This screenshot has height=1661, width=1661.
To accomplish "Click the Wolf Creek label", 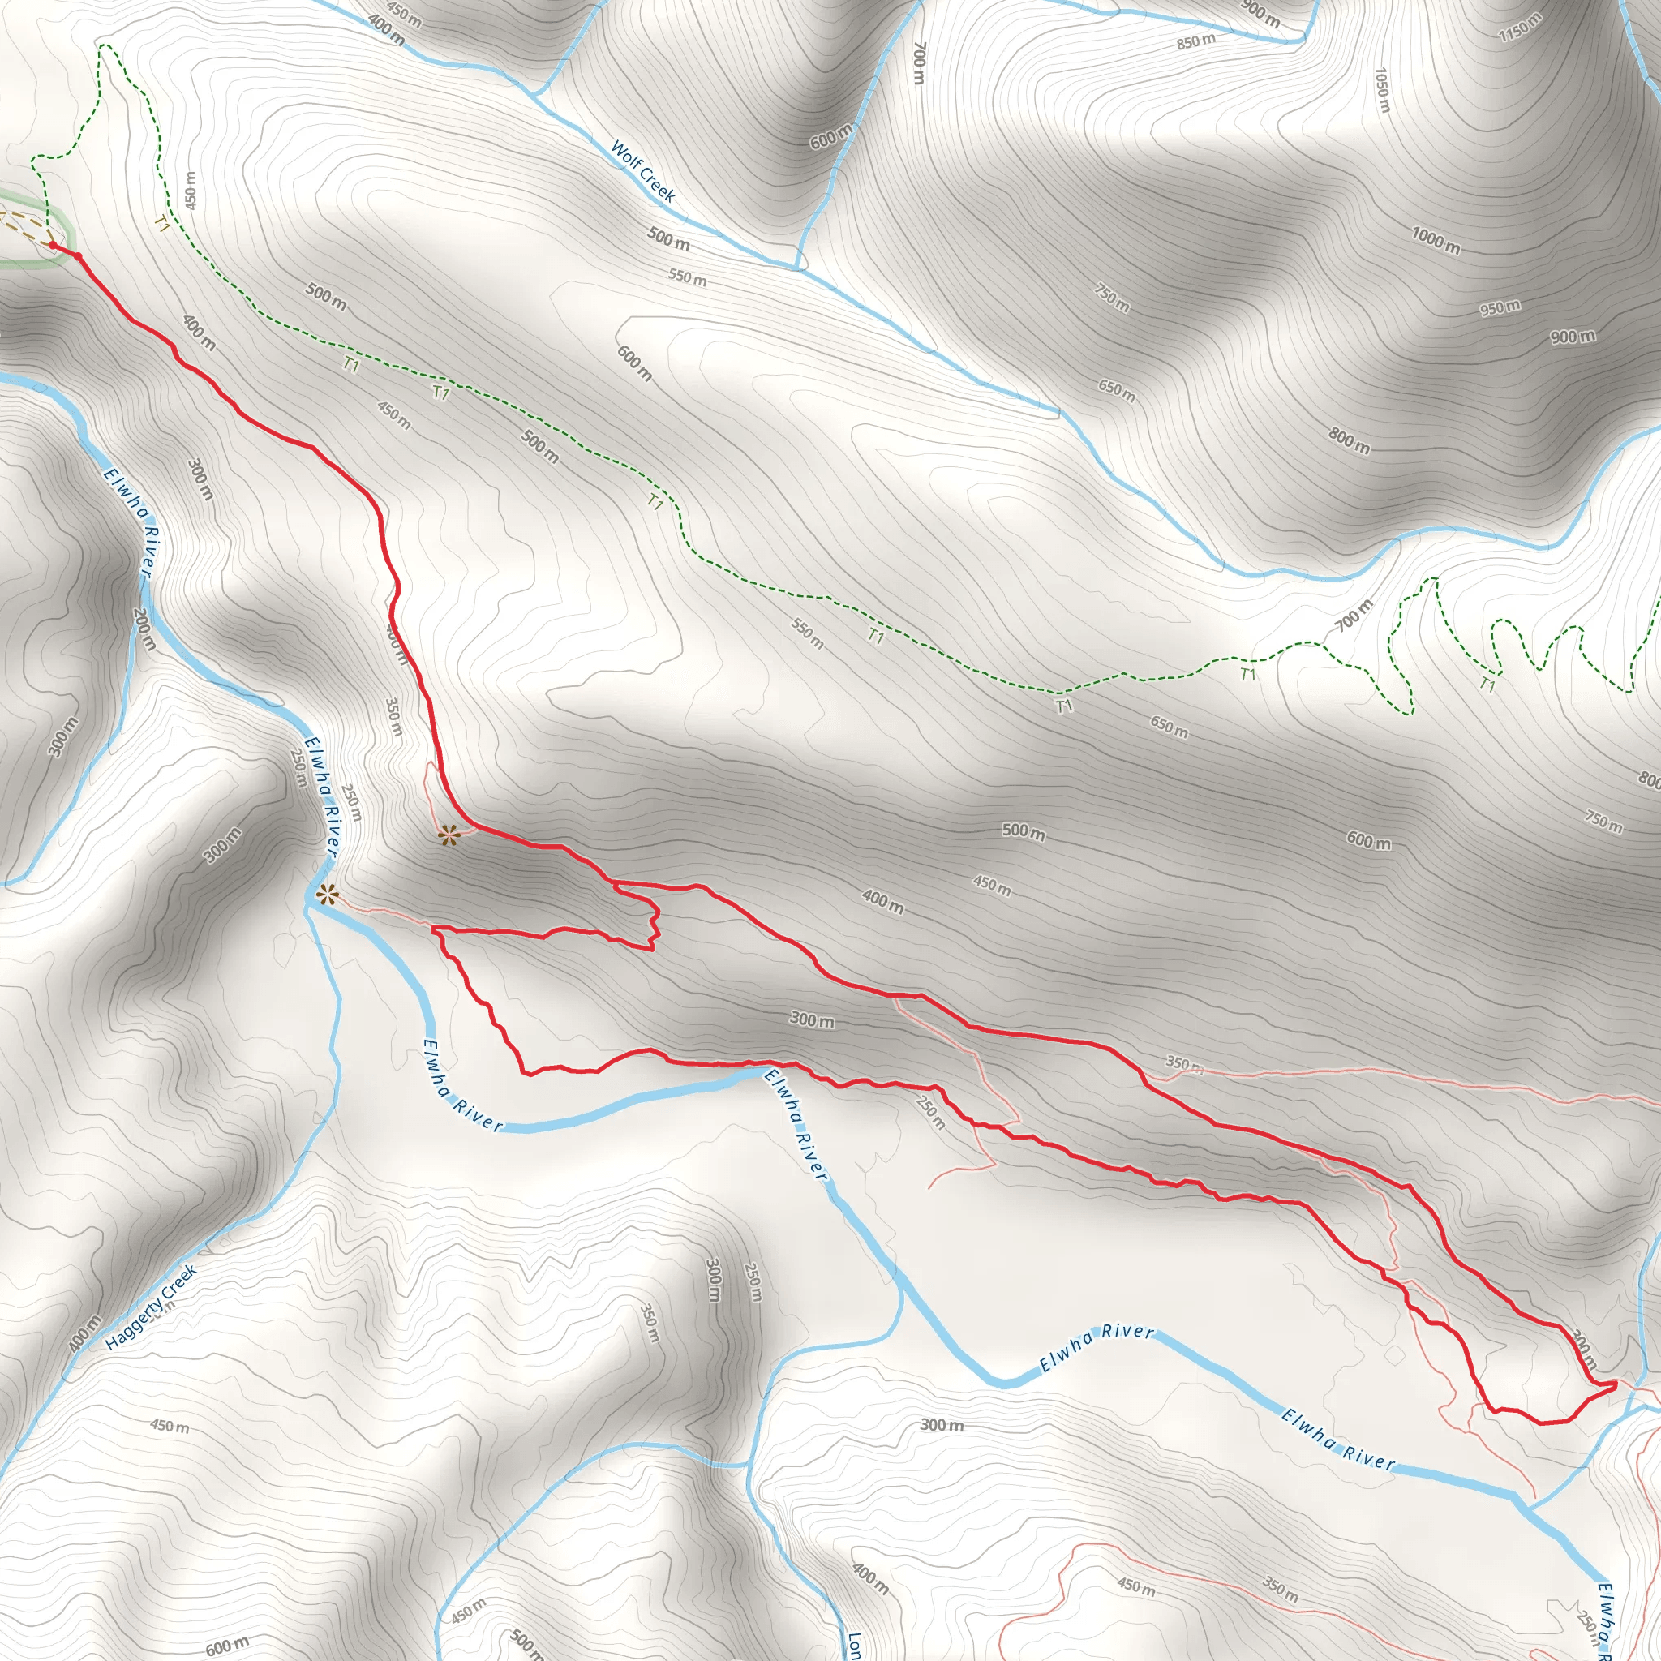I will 642,171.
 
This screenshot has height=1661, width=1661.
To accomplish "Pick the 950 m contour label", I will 1500,307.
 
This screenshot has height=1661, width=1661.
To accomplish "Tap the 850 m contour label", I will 1196,41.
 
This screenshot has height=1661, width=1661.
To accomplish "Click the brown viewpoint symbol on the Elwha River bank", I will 327,895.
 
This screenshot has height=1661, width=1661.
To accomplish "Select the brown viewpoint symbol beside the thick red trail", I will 448,834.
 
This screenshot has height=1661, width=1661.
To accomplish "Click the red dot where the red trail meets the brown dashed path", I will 54,246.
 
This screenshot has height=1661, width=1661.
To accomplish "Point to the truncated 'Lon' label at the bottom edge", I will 854,1645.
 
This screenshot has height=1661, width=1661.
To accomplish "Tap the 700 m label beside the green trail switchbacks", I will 1354,616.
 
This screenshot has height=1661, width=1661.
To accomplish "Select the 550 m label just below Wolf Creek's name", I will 687,277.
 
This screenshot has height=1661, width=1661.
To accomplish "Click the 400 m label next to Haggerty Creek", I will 85,1333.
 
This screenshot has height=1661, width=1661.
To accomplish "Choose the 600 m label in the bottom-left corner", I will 227,1645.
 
